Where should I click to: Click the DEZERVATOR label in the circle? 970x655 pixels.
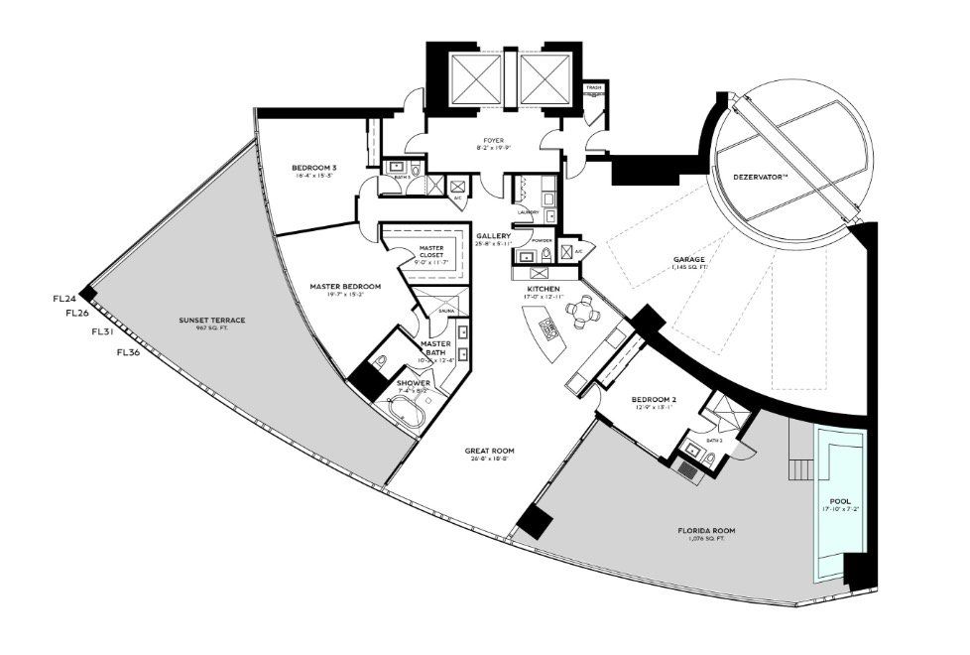[x=761, y=177]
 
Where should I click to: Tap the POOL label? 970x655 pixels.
[x=840, y=501]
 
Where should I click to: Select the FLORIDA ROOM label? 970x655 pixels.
[x=707, y=531]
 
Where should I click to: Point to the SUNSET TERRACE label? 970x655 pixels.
[x=211, y=321]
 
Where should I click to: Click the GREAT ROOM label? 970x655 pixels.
[x=489, y=451]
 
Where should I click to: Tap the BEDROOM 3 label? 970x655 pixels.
[x=313, y=169]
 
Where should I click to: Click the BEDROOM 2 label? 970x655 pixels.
[x=654, y=400]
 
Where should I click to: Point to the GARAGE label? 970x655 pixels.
[x=688, y=260]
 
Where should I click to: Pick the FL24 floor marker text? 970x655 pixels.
[x=63, y=298]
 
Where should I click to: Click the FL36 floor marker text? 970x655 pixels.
[x=130, y=351]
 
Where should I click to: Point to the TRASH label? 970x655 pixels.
[x=593, y=87]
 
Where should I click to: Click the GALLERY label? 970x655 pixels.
[x=492, y=236]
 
